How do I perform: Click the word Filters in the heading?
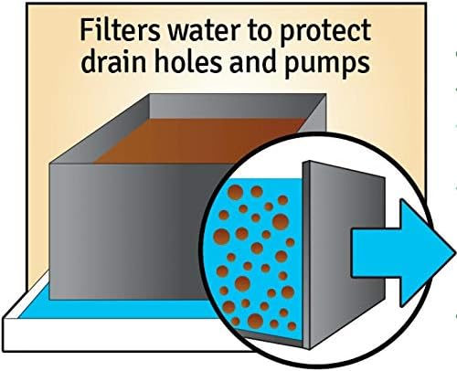pyautogui.click(x=120, y=30)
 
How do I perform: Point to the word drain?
pyautogui.click(x=116, y=60)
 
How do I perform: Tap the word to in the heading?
pyautogui.click(x=260, y=32)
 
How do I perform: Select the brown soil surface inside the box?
pyautogui.click(x=199, y=141)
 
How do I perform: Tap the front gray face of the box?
pyautogui.click(x=131, y=231)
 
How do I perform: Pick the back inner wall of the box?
pyautogui.click(x=231, y=106)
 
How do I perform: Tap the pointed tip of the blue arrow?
pyautogui.click(x=455, y=253)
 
